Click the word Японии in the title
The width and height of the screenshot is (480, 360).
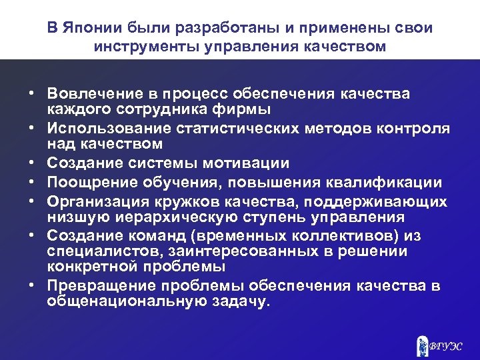coord(91,29)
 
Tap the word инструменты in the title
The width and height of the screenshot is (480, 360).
coord(151,47)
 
